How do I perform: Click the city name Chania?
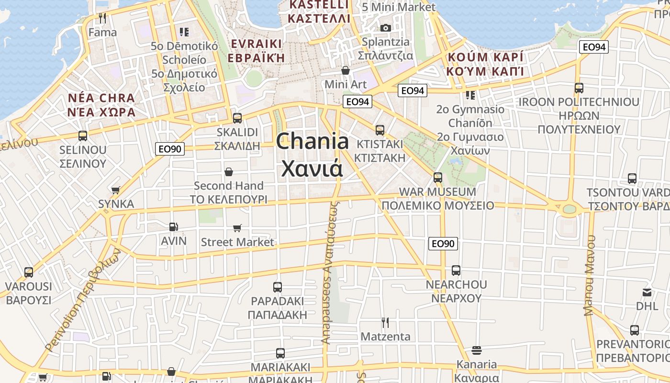(x=313, y=141)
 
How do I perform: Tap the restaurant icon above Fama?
(x=102, y=18)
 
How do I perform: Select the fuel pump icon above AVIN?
(x=173, y=226)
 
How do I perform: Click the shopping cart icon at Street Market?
(x=237, y=228)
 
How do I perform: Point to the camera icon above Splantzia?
(x=385, y=28)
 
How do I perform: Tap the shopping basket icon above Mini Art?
(x=345, y=70)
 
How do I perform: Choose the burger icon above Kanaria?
(x=476, y=350)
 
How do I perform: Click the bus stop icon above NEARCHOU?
(x=456, y=270)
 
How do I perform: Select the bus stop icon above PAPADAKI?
(x=277, y=287)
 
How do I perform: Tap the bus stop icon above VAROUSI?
(x=29, y=272)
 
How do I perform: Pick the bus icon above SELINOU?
(x=83, y=135)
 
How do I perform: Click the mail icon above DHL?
(x=647, y=292)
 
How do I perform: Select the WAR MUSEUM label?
(x=437, y=192)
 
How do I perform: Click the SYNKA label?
(x=116, y=204)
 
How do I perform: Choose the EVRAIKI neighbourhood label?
(x=256, y=44)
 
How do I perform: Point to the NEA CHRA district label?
(x=101, y=99)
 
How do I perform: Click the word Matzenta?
(x=385, y=337)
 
